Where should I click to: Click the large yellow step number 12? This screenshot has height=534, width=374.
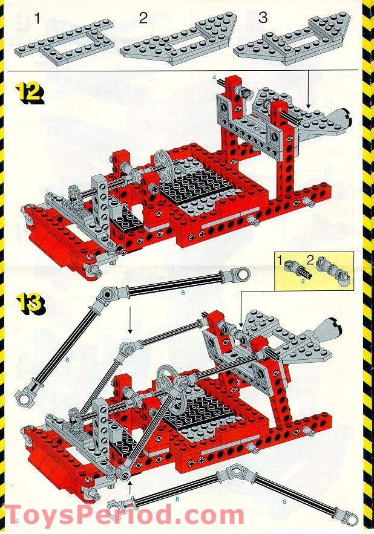(x=30, y=94)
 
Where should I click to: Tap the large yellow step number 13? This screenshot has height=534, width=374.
(x=31, y=304)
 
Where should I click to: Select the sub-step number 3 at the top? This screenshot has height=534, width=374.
(x=263, y=18)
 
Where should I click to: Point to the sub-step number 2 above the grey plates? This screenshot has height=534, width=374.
(x=143, y=18)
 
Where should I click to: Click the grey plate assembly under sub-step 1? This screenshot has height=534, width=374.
(x=65, y=44)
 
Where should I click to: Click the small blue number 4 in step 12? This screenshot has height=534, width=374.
(x=214, y=77)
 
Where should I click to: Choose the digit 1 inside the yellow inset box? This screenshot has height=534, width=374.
(x=279, y=261)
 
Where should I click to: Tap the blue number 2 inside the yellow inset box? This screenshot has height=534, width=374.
(x=303, y=281)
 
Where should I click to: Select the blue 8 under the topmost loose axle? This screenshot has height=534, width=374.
(x=183, y=293)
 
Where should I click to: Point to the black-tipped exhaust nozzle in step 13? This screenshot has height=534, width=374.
(x=330, y=330)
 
